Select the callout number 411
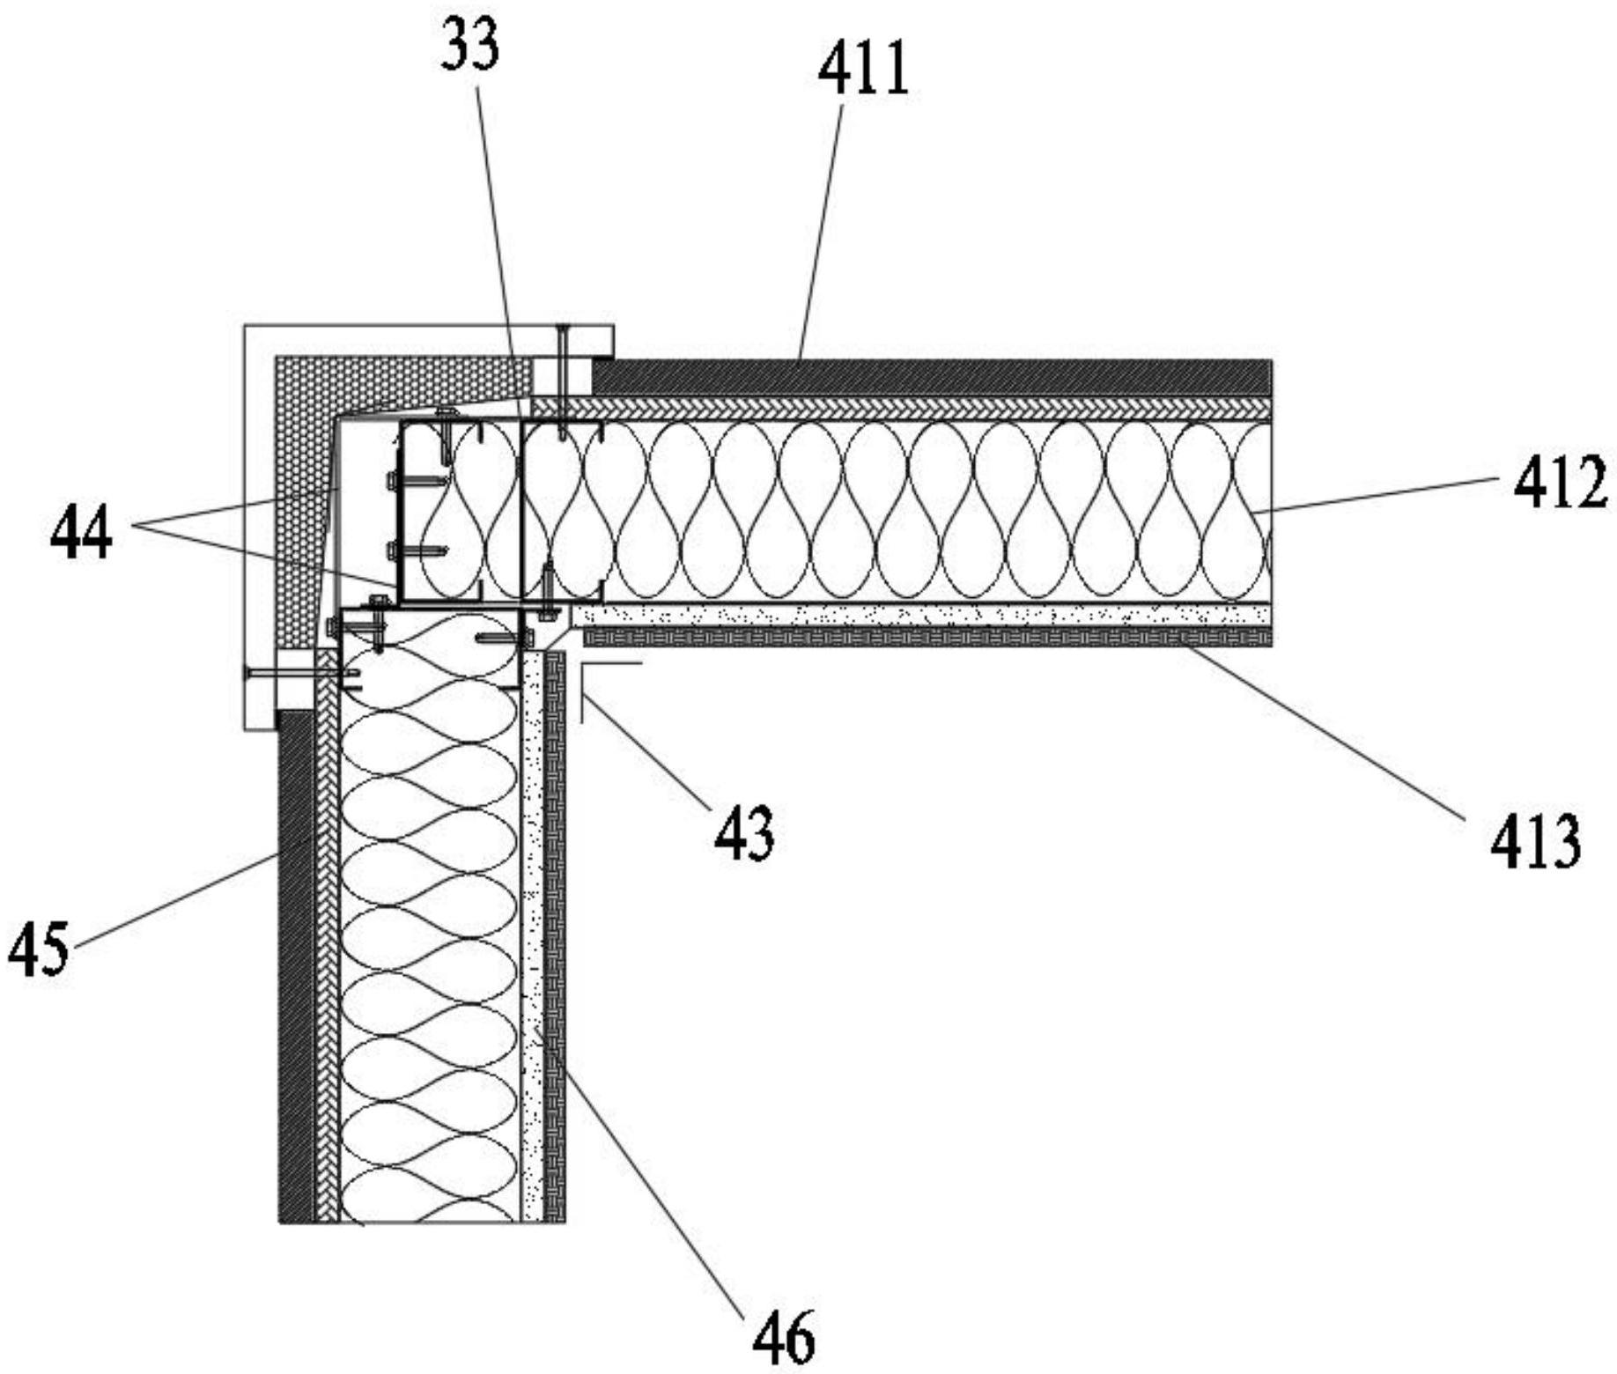[x=862, y=71]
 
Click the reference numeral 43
[x=744, y=832]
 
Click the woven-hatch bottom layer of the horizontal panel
[x=925, y=637]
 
